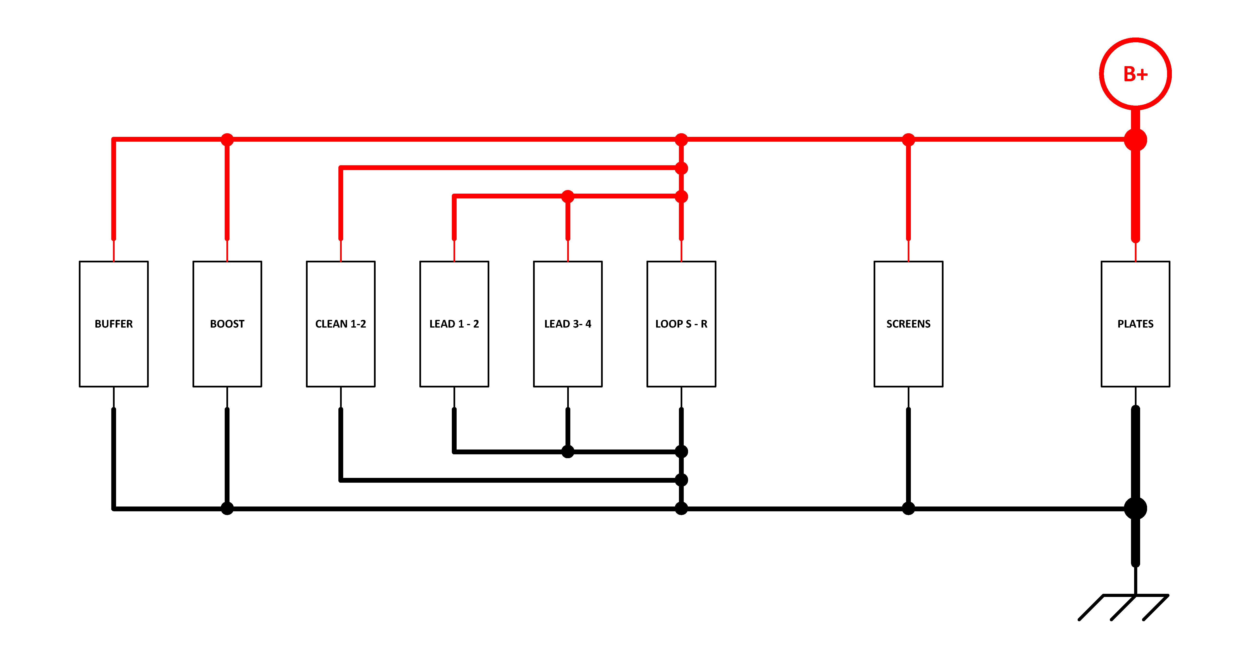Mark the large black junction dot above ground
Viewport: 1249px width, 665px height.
[x=1136, y=508]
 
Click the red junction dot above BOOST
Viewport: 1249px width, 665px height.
[x=227, y=140]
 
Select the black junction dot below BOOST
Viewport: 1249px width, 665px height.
[x=227, y=508]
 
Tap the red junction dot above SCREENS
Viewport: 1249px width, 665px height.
[x=908, y=140]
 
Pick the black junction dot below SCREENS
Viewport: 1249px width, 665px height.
[x=908, y=508]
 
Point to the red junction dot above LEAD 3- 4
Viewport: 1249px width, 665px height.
[x=568, y=196]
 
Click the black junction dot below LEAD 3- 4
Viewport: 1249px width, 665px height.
[x=568, y=452]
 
